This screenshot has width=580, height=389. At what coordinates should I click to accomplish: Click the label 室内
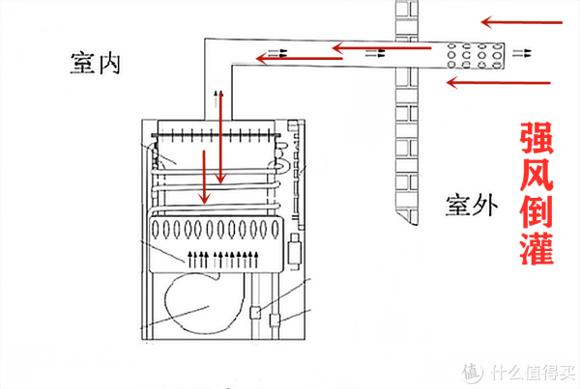tap(96, 63)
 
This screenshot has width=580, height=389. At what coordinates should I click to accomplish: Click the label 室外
tap(472, 206)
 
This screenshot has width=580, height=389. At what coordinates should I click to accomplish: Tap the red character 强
tap(536, 138)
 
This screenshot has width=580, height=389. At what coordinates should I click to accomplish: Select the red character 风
tap(536, 175)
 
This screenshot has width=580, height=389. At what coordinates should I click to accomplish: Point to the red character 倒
tap(536, 211)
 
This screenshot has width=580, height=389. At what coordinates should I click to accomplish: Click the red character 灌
tap(536, 248)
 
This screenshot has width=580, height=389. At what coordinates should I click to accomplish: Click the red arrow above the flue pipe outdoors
tap(522, 22)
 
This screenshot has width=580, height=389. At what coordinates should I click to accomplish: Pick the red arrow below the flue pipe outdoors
tap(499, 83)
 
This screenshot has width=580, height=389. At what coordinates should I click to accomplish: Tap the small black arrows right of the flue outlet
tap(522, 53)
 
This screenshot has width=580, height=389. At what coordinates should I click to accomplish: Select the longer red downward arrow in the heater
tap(220, 137)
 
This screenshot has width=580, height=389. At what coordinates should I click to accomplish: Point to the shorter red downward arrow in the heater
tap(204, 177)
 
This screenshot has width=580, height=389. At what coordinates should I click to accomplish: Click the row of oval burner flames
tap(216, 230)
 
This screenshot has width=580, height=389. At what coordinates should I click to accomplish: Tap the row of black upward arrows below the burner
tap(223, 260)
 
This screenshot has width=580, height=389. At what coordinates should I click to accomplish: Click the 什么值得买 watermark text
tap(533, 372)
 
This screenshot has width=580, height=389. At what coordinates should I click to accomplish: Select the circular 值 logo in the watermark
tap(473, 372)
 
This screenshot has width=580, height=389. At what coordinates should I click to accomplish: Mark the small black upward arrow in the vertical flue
tap(217, 98)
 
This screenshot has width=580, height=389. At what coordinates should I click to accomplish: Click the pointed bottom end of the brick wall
tap(415, 224)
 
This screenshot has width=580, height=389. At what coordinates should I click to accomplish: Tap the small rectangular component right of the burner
tap(295, 251)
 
